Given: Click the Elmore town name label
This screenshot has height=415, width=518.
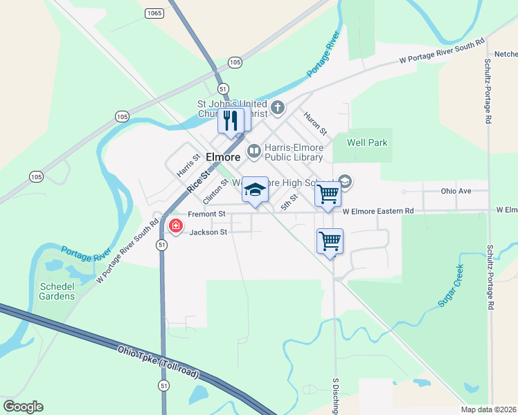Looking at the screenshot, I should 223,157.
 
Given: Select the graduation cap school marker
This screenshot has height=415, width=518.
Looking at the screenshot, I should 255,190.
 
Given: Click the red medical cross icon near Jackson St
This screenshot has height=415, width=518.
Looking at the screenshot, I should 176,225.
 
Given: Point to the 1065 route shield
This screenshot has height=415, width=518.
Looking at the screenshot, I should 154,13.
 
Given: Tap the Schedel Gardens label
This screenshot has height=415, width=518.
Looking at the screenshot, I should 57,291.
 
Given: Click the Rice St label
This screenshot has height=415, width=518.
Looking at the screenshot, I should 197,183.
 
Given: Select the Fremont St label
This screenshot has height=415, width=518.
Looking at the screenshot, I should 207,214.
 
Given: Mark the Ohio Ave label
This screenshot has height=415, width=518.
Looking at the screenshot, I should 456,191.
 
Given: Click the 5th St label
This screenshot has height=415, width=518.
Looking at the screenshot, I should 289,202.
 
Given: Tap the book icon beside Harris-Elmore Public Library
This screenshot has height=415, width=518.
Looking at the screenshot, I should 254,150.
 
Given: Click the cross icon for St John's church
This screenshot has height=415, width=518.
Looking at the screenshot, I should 277,107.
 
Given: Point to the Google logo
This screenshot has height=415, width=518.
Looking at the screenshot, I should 23,406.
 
